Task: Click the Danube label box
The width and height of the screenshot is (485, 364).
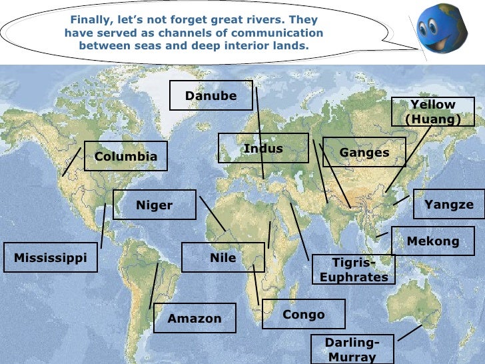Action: [x=211, y=95]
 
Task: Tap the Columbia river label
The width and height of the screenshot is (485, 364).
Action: [x=126, y=156]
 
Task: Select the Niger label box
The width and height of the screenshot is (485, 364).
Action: [x=155, y=205]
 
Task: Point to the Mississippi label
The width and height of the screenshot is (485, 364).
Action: [x=51, y=257]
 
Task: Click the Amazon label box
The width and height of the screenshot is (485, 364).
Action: [x=195, y=318]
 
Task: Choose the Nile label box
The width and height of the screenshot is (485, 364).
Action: [x=223, y=257]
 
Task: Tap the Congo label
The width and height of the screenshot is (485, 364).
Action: [x=304, y=314]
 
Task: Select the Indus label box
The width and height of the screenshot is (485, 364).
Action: [x=263, y=148]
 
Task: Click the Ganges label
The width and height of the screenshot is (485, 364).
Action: [x=364, y=153]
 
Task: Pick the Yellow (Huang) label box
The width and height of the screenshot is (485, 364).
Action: [x=432, y=112]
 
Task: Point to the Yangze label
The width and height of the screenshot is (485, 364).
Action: [x=449, y=204]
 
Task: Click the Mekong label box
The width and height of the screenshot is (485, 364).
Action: [x=433, y=241]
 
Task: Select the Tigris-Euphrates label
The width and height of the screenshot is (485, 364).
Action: [x=354, y=269]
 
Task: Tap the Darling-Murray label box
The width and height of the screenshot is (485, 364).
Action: [x=352, y=349]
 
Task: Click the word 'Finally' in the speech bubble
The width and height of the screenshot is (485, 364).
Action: [x=91, y=20]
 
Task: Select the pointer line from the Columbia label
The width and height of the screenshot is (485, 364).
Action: [x=71, y=162]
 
